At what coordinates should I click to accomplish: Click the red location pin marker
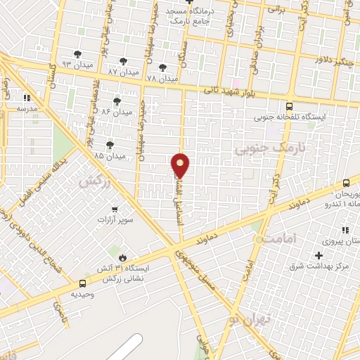181,165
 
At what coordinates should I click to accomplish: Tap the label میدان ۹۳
77,64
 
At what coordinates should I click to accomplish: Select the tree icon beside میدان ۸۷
124,61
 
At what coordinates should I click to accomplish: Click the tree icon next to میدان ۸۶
116,101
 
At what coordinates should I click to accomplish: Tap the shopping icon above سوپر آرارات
116,209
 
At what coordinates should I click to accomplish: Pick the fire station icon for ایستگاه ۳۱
124,257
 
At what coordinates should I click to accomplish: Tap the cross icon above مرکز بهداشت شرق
319,255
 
